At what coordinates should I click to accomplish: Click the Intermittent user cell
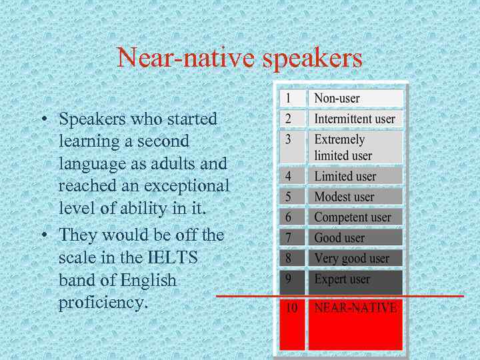pyautogui.click(x=355, y=119)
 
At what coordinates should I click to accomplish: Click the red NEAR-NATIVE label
pyautogui.click(x=355, y=308)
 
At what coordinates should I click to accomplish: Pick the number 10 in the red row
pyautogui.click(x=291, y=308)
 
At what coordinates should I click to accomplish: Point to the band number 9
pyautogui.click(x=288, y=279)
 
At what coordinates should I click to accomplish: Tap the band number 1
pyautogui.click(x=288, y=98)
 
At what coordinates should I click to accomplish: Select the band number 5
pyautogui.click(x=288, y=197)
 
